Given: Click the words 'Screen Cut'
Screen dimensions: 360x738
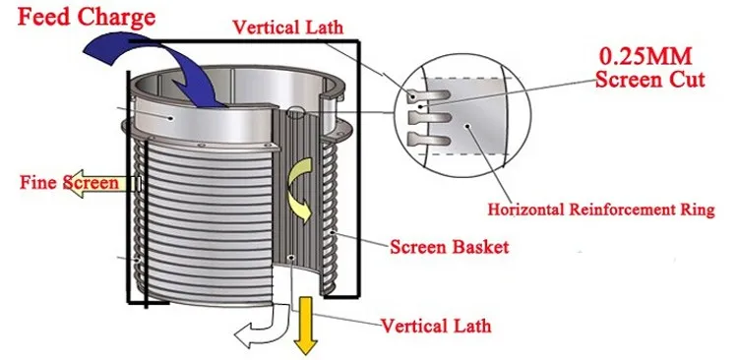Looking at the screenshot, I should pos(649,81).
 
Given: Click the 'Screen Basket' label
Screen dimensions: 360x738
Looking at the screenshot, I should pos(450,247).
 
